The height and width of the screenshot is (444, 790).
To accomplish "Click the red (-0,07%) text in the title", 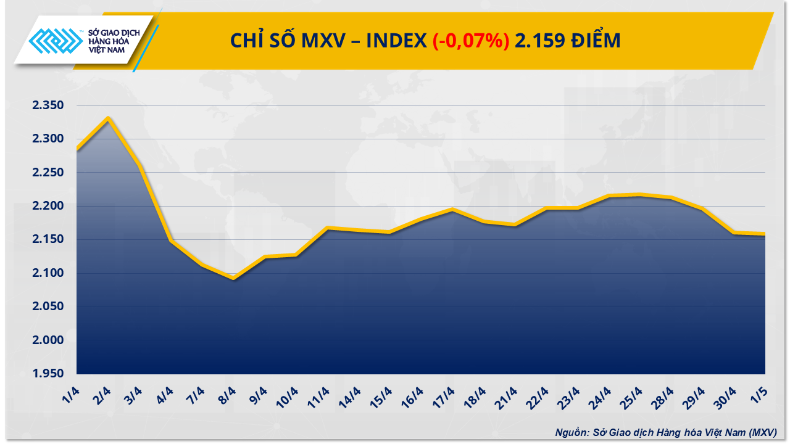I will (470, 41).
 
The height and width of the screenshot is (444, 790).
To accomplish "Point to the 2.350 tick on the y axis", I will (48, 106).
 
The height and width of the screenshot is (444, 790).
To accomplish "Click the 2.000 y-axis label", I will (48, 340).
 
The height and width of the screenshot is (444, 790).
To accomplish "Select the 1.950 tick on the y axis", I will (48, 374).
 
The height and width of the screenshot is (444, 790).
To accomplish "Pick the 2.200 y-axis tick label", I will (48, 206).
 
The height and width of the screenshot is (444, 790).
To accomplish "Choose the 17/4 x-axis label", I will (446, 395).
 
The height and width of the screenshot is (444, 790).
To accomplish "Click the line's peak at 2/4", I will (109, 118).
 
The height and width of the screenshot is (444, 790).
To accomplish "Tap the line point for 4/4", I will (170, 240).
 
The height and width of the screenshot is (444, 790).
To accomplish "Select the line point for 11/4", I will (327, 228).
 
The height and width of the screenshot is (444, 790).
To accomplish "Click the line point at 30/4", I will (734, 232).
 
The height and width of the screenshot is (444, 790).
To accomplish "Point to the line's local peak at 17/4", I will (452, 210).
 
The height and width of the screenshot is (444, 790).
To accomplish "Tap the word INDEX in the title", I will (396, 41).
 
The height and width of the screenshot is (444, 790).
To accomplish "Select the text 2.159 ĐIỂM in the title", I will (568, 41).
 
